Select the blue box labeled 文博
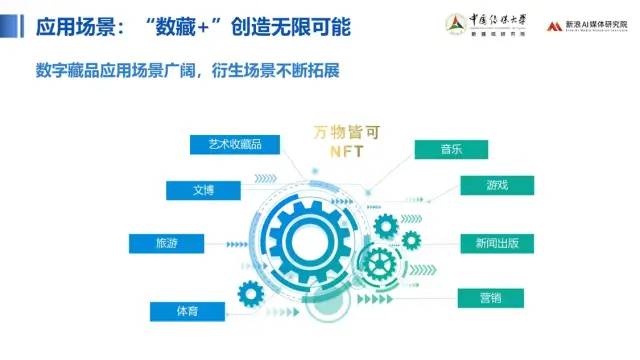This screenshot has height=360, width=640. [x=203, y=189]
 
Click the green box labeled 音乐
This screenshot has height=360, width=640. [x=451, y=149]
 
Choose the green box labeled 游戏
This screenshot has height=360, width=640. [x=497, y=186]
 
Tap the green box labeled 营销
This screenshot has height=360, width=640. [x=490, y=297]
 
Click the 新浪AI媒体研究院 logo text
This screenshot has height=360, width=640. [x=597, y=23]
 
